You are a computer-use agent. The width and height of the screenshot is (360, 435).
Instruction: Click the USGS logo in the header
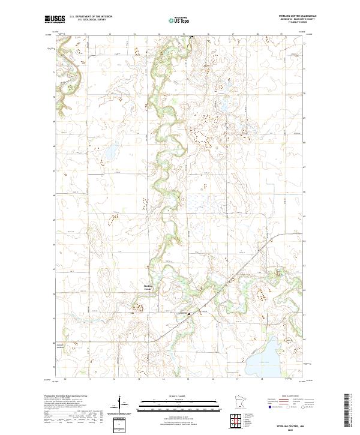point(55,19)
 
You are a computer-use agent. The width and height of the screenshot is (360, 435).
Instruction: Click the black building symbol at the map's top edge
point(191,37)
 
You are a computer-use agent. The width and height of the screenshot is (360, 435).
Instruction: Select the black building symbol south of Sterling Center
point(188,313)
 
